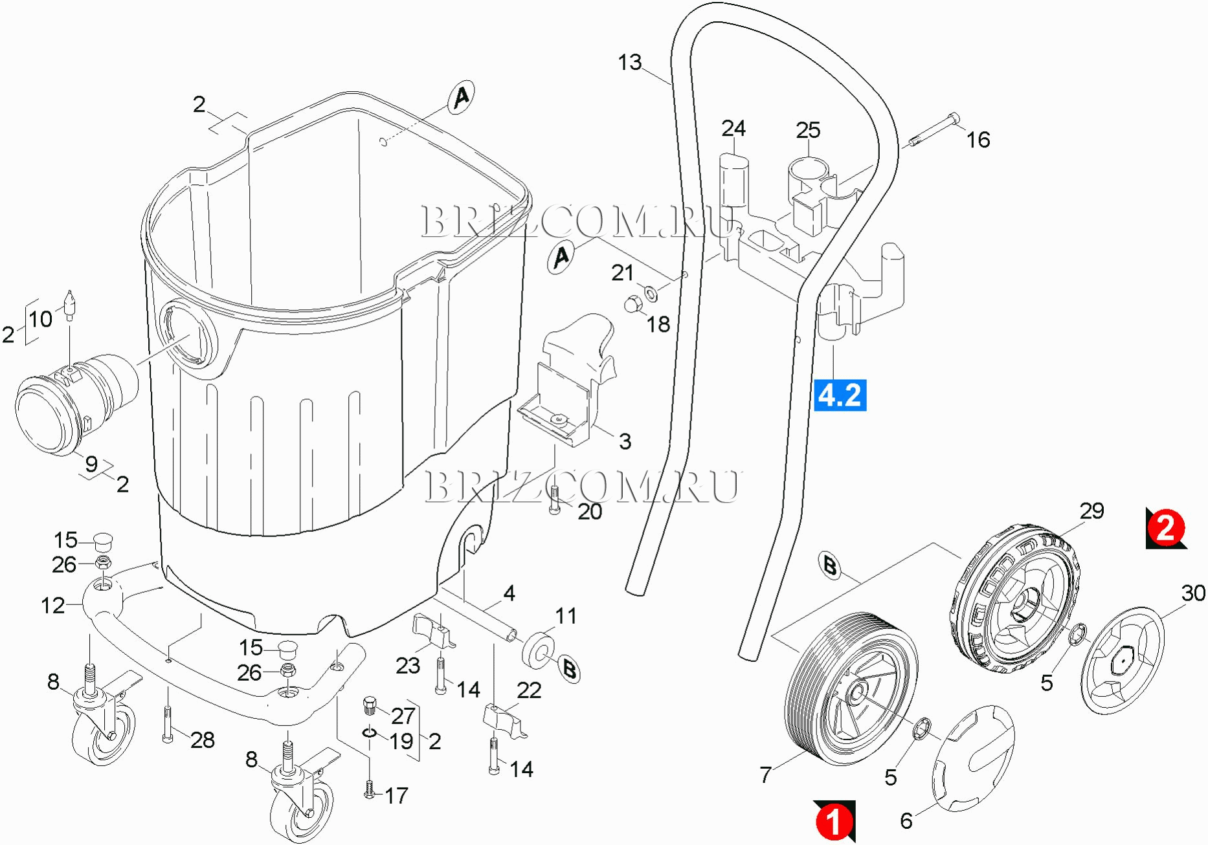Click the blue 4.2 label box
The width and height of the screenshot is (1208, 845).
(x=840, y=395)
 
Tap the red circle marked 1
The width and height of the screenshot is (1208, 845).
(x=834, y=821)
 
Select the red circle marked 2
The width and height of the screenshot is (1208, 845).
(x=1165, y=527)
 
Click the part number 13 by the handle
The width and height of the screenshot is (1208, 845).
(x=629, y=63)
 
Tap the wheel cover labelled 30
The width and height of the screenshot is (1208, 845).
(x=1122, y=660)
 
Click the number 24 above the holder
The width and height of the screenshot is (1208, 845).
(x=733, y=128)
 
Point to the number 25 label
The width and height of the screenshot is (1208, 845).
(x=808, y=130)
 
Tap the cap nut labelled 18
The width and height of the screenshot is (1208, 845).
(x=632, y=303)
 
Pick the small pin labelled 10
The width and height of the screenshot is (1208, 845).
(x=69, y=305)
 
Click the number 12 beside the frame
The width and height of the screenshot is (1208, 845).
(x=52, y=606)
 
